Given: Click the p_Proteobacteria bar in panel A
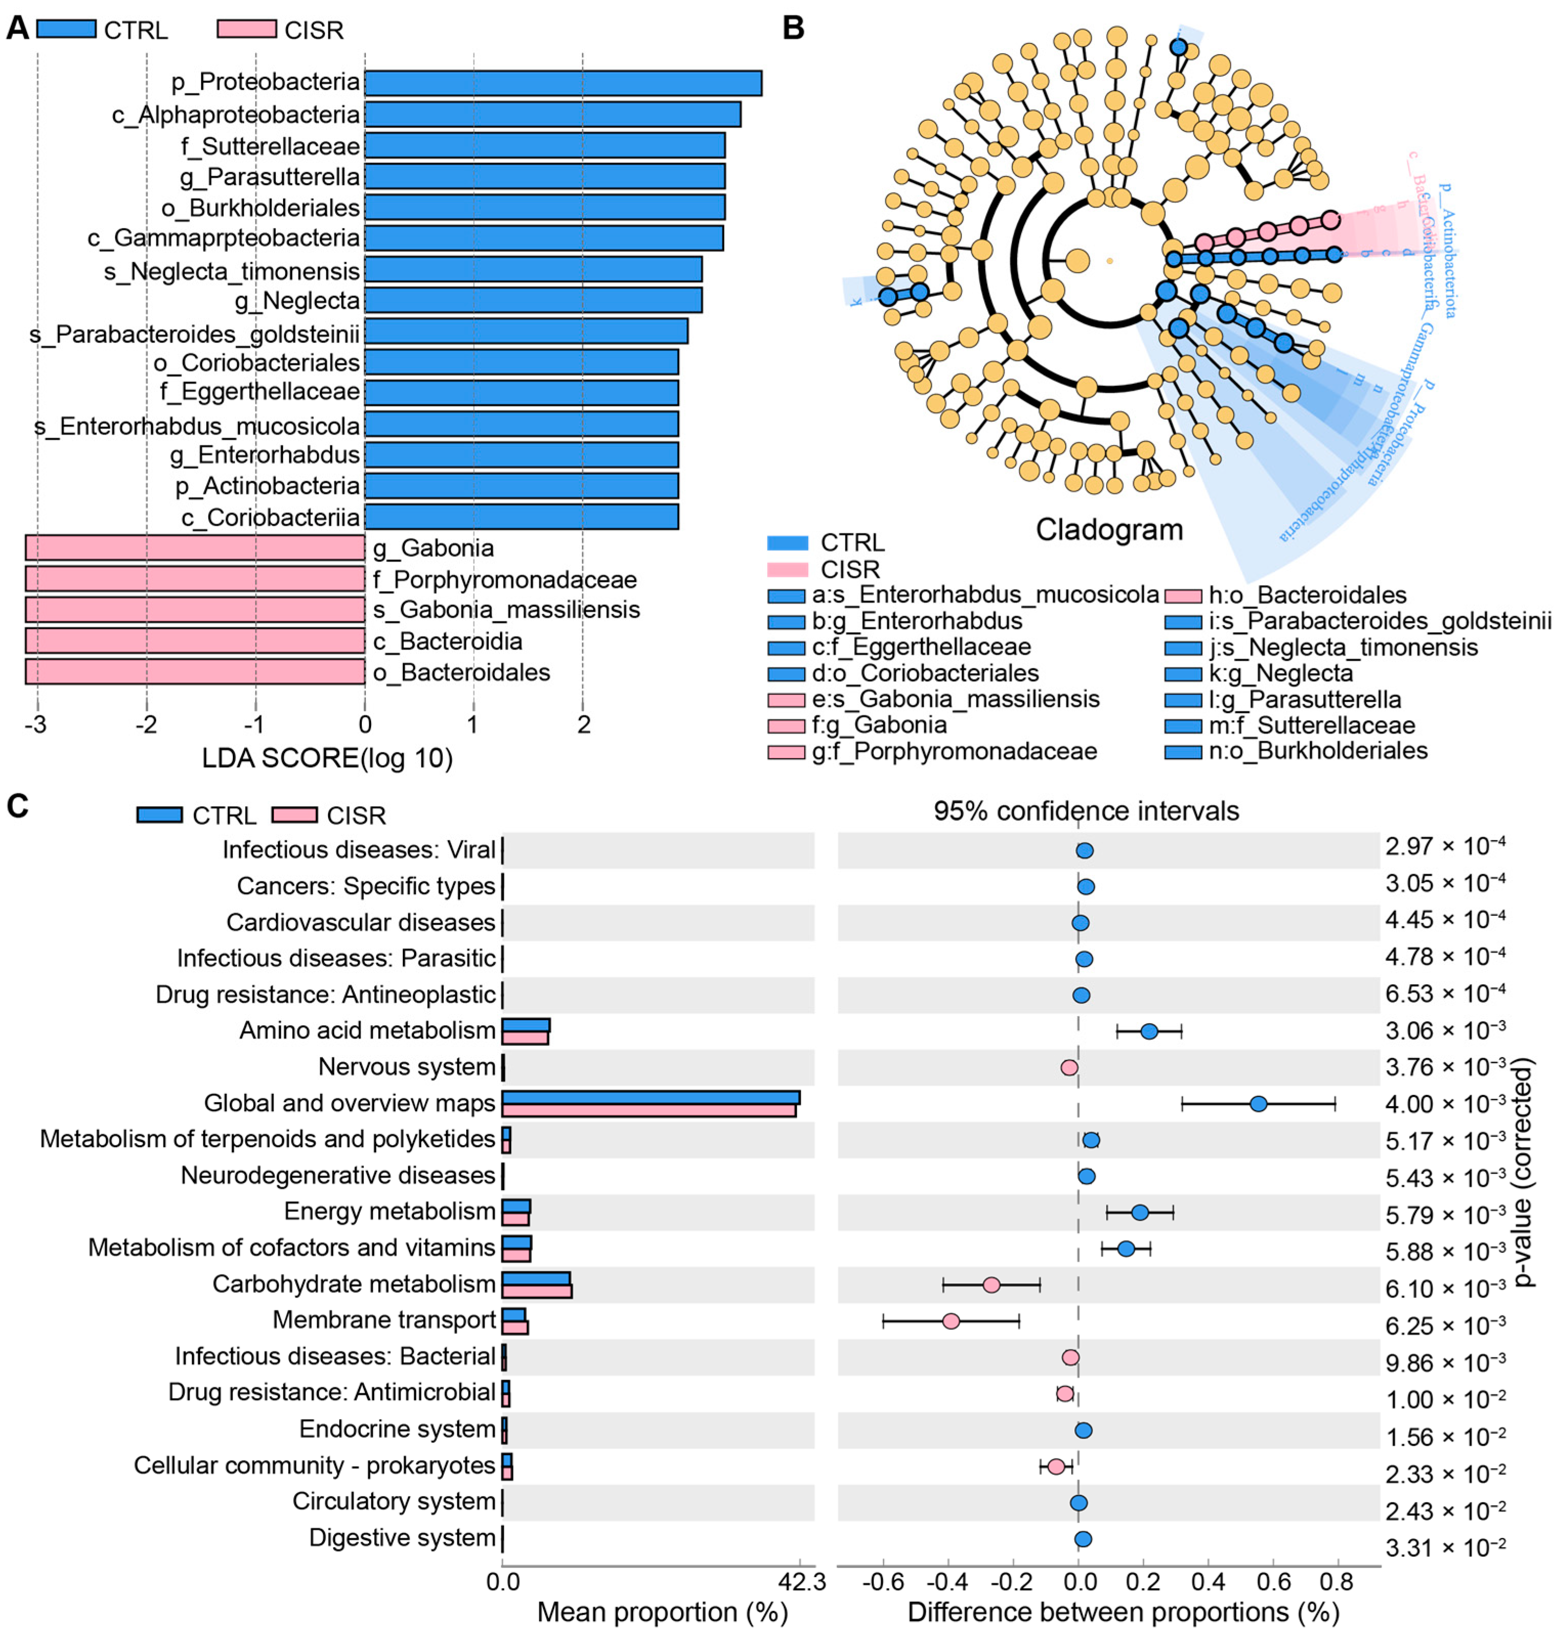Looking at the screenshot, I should tap(563, 83).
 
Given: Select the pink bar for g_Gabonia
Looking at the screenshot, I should tap(196, 548).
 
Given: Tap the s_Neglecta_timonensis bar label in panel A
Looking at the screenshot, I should tap(232, 271).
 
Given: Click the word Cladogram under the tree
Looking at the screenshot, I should tap(1109, 530).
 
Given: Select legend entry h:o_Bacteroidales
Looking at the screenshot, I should tap(1306, 595).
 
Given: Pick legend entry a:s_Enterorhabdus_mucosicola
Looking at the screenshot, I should tap(985, 595).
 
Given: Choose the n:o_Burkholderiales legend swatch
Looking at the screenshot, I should tap(1182, 752).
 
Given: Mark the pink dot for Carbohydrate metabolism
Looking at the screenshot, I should tap(991, 1285).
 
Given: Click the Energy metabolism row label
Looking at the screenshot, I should tap(389, 1212).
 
